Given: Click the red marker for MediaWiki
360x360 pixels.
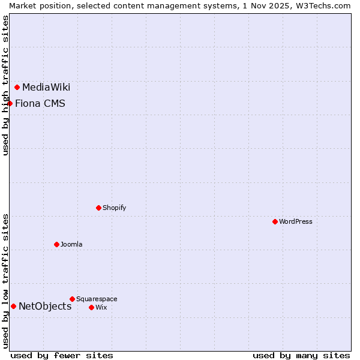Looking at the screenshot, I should coord(17,88).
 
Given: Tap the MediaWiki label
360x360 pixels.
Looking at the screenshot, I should coord(46,88).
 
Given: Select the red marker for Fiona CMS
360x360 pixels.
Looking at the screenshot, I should coord(10,103).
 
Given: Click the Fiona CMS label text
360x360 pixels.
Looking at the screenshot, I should coord(40,104).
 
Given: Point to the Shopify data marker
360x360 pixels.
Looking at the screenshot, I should coord(99,208).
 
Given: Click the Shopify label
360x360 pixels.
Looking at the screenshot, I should coord(114,208).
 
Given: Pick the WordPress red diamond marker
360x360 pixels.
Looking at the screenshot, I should coord(275,222).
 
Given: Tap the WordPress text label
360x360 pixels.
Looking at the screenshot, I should coord(296,222).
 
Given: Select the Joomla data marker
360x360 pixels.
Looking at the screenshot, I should coord(57,245).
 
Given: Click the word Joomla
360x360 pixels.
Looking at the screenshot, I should coord(71,245).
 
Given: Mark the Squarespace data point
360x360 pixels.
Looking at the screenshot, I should coord(73,299).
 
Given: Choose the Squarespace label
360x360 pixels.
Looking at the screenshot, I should coord(97,299).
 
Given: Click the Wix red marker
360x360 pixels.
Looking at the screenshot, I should coord(92,308).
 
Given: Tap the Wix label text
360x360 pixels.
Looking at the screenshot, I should coord(101,308).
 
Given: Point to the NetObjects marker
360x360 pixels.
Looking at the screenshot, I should coord(14,307).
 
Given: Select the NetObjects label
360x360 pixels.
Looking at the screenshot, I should coord(45,307).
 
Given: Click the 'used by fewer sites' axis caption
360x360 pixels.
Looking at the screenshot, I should coord(62,356).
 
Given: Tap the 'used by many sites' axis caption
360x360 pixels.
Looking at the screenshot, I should coord(301,356).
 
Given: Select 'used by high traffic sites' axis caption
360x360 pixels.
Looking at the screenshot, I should coord(5,85).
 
